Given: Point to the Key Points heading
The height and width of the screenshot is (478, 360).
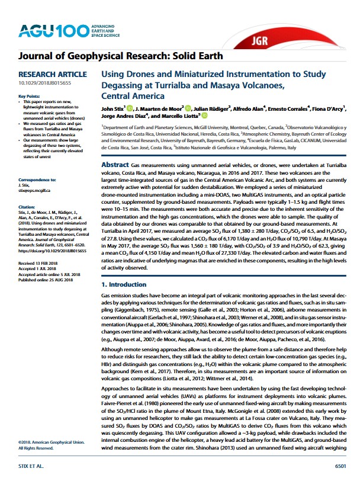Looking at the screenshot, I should click(29, 96).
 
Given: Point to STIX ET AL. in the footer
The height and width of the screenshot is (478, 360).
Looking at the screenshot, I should click(31, 466).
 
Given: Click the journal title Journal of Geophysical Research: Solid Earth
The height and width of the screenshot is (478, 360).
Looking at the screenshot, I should click(121, 57).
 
